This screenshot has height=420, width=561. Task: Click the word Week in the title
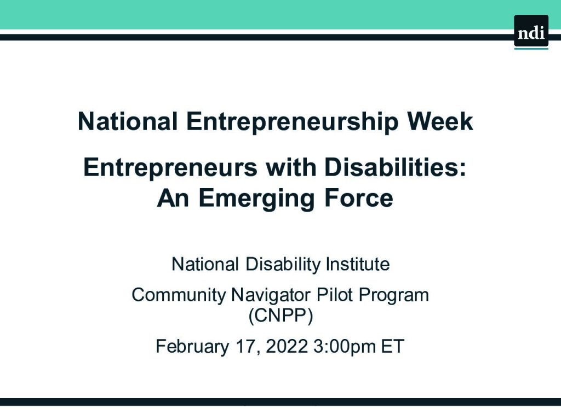[440, 121]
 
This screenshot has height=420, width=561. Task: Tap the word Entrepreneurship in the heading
[293, 122]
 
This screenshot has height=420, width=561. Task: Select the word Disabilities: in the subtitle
[396, 167]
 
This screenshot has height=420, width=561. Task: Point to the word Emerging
[256, 199]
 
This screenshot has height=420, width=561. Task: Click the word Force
[359, 198]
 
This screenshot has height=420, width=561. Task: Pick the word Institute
[358, 264]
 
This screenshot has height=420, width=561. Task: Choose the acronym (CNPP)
[280, 315]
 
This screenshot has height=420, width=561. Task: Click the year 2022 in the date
[287, 346]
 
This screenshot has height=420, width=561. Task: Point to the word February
[192, 346]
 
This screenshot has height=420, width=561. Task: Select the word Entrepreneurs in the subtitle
[170, 168]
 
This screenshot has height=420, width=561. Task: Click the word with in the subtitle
[290, 167]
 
